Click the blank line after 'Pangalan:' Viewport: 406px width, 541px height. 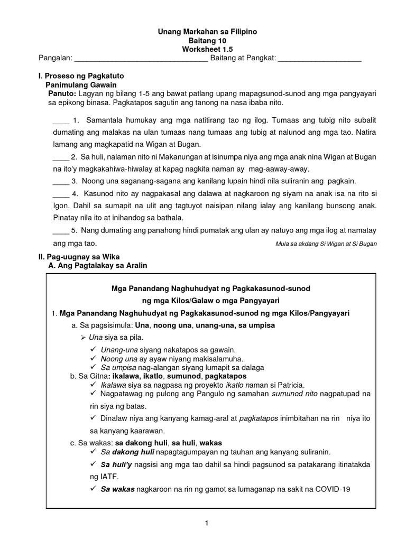click(x=141, y=60)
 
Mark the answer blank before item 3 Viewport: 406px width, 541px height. click(x=61, y=181)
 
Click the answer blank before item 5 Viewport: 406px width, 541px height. click(x=61, y=230)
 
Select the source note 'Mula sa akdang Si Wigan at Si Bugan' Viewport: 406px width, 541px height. click(x=326, y=244)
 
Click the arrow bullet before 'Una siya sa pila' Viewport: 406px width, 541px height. click(x=83, y=337)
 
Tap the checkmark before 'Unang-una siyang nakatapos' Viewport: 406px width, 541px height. click(x=93, y=350)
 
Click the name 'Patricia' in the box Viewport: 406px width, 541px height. click(x=290, y=385)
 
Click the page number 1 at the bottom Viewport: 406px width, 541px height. click(x=207, y=523)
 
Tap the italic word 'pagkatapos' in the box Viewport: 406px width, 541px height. click(x=259, y=418)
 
